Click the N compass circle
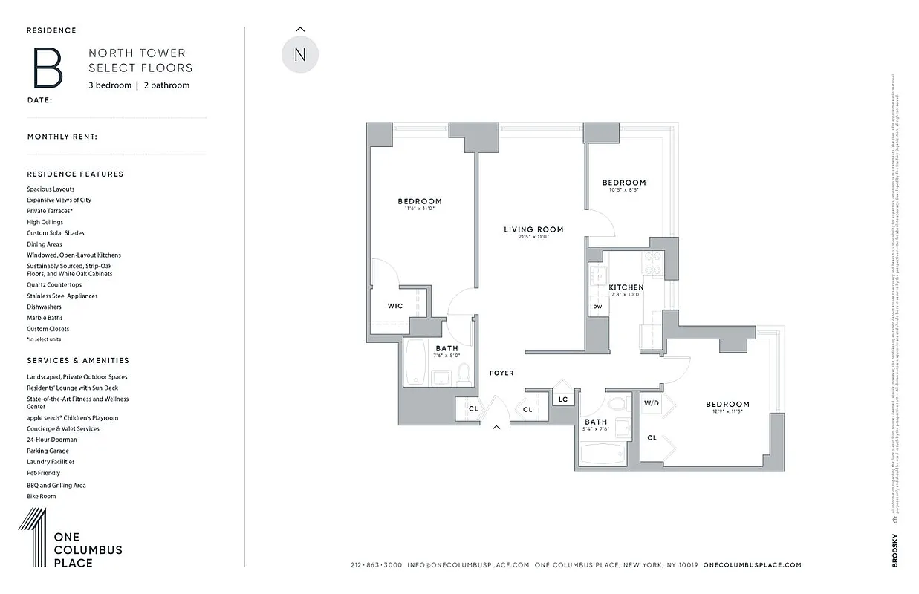click(x=300, y=55)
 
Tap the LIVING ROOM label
click(x=533, y=229)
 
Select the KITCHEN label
click(x=626, y=287)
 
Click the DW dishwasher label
click(x=597, y=307)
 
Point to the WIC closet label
click(x=394, y=306)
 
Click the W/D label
click(x=652, y=403)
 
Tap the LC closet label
click(x=563, y=399)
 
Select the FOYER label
click(x=501, y=373)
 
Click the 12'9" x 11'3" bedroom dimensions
click(x=727, y=412)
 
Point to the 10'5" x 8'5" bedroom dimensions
click(x=623, y=190)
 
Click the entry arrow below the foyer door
click(x=496, y=427)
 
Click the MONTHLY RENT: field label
click(x=62, y=137)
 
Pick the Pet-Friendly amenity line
click(x=43, y=473)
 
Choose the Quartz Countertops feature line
click(x=54, y=284)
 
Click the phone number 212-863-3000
click(x=376, y=565)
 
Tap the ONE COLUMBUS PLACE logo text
click(x=88, y=550)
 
